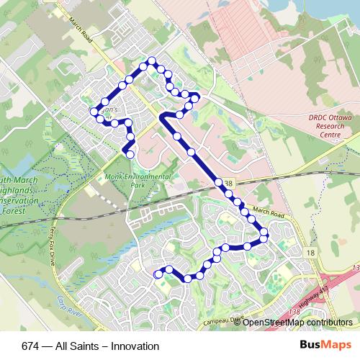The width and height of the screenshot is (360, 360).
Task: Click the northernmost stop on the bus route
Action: (151, 62)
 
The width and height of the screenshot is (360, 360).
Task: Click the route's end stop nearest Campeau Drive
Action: (159, 274)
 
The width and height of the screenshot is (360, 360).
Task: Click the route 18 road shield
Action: (310, 253)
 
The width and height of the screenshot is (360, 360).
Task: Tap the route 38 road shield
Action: (228, 185)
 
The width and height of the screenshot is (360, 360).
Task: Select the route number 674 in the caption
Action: (31, 346)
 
